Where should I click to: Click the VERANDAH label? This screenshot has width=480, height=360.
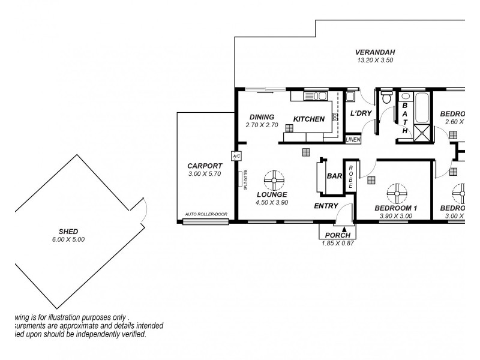pos(374,52)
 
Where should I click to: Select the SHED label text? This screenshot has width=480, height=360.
pos(68,232)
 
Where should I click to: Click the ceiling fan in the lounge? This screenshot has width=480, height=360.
pos(274,180)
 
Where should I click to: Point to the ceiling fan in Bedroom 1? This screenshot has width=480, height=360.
pos(397,193)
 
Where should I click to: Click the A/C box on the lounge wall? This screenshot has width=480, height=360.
pos(236,157)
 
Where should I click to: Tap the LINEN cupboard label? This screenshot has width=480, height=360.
pos(353,140)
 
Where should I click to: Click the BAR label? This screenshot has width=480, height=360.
pos(334,177)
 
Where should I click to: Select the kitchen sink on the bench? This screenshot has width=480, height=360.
pos(314,96)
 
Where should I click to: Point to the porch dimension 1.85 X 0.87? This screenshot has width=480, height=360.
pos(338,242)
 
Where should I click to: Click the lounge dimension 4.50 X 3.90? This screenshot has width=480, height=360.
pos(272,202)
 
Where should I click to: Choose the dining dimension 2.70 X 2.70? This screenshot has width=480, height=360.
pos(262,125)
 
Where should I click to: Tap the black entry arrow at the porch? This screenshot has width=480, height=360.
pos(344,229)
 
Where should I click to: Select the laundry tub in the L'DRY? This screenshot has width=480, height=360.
pos(350,97)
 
